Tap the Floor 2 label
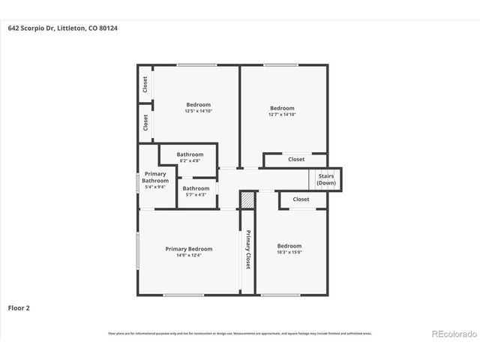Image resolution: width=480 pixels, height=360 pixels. pos(19,307)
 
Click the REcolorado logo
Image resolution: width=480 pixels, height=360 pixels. pos(453,334)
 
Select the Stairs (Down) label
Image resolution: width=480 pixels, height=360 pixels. pos(325,179)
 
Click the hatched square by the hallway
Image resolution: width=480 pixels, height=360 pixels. pos(247,199)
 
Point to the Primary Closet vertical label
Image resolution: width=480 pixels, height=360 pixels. pos(247,250)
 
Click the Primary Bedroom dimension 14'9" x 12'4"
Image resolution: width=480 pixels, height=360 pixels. pos(188,255)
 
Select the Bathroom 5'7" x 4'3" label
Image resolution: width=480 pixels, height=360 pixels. pos(196,191)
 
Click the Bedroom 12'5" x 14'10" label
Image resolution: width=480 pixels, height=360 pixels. pos(198,108)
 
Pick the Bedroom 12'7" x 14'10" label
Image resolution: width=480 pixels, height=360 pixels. pos(282,111)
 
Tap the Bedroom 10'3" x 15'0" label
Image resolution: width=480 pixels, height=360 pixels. pos(289,249)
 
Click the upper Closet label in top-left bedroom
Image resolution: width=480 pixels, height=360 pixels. pos(145,85)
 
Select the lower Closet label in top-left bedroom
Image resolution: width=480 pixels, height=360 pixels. pos(145,121)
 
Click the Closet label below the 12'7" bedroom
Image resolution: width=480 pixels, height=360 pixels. pos(296,159)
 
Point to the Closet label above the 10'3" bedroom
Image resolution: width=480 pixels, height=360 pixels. pos(301,199)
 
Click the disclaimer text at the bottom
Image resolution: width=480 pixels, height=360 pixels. pos(240,334)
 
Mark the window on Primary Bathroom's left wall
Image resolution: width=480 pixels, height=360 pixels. pos(138,182)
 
